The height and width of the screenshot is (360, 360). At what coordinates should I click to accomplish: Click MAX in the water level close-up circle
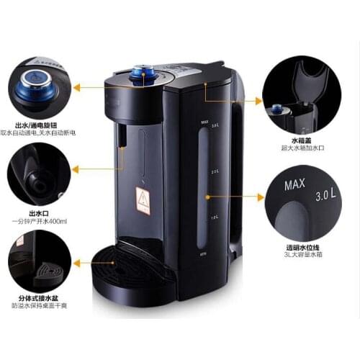point(294,186)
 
